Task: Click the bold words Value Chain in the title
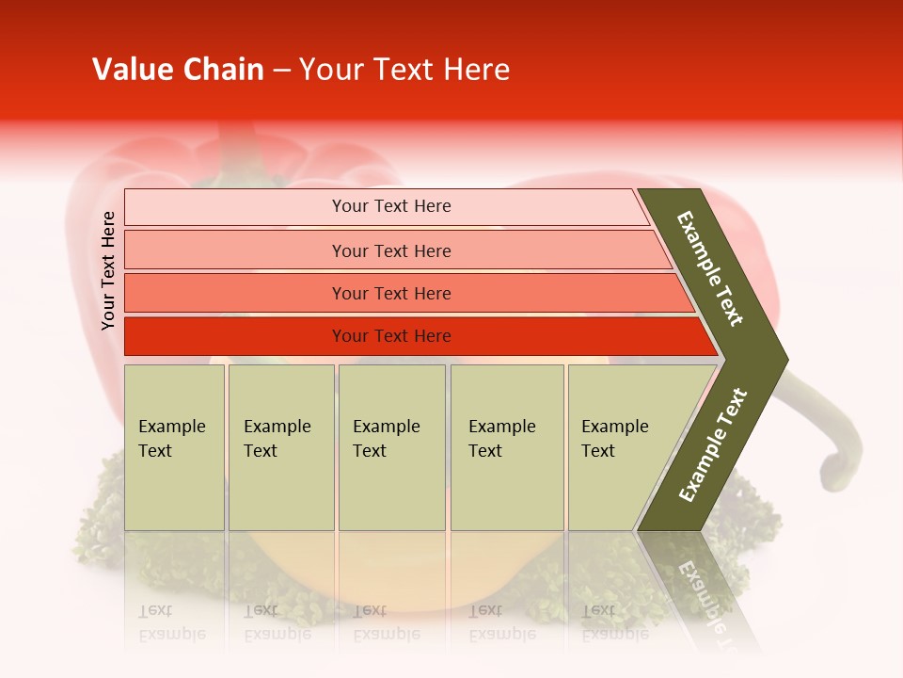pos(178,70)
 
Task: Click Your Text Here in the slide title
pos(404,70)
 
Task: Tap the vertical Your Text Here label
pos(108,270)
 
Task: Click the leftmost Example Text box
pos(174,447)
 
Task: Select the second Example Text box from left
pos(280,447)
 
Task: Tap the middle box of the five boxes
pos(391,447)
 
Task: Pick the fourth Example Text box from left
pos(507,447)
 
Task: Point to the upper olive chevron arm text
pos(710,268)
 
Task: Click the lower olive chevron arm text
pos(713,445)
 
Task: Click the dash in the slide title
pos(281,70)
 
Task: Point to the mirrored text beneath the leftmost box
pos(171,622)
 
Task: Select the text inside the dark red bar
pos(391,336)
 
